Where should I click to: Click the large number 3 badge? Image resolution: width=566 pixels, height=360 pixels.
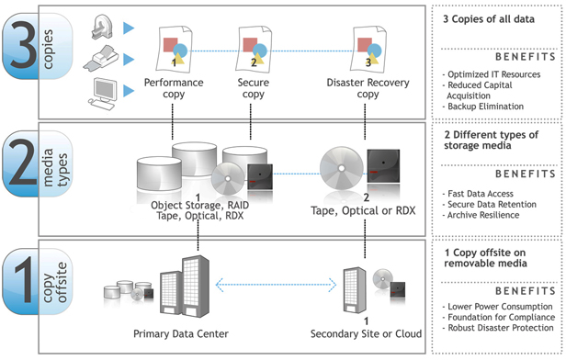click(37, 46)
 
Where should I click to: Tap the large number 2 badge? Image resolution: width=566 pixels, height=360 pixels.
click(37, 163)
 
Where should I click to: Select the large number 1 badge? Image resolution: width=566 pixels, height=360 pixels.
click(37, 281)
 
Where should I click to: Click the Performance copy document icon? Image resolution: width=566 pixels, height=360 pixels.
click(174, 49)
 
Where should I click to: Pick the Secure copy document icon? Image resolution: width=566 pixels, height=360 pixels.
click(254, 49)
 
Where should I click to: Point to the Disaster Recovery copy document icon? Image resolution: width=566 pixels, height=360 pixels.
click(368, 49)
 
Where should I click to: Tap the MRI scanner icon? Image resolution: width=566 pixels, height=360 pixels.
click(101, 28)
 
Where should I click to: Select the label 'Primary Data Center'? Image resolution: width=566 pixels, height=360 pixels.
click(181, 333)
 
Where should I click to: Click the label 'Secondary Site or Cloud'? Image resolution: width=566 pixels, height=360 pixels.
click(366, 333)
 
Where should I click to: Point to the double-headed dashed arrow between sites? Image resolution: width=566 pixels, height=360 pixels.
click(277, 285)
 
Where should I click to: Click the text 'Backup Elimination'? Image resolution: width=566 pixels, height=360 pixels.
click(485, 107)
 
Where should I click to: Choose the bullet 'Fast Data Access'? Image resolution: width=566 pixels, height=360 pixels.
click(481, 194)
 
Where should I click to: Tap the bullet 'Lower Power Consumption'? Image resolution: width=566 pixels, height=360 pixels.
click(500, 307)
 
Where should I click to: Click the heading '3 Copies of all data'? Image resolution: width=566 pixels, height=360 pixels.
click(489, 19)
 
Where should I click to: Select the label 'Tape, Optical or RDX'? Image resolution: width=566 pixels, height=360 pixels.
click(363, 210)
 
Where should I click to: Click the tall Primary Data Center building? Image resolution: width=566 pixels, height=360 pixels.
click(196, 286)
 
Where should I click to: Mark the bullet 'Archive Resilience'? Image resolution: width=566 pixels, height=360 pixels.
click(483, 215)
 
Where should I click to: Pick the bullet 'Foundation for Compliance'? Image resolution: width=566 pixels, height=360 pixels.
click(502, 317)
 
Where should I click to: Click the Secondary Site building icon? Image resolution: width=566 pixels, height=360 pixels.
click(355, 290)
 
